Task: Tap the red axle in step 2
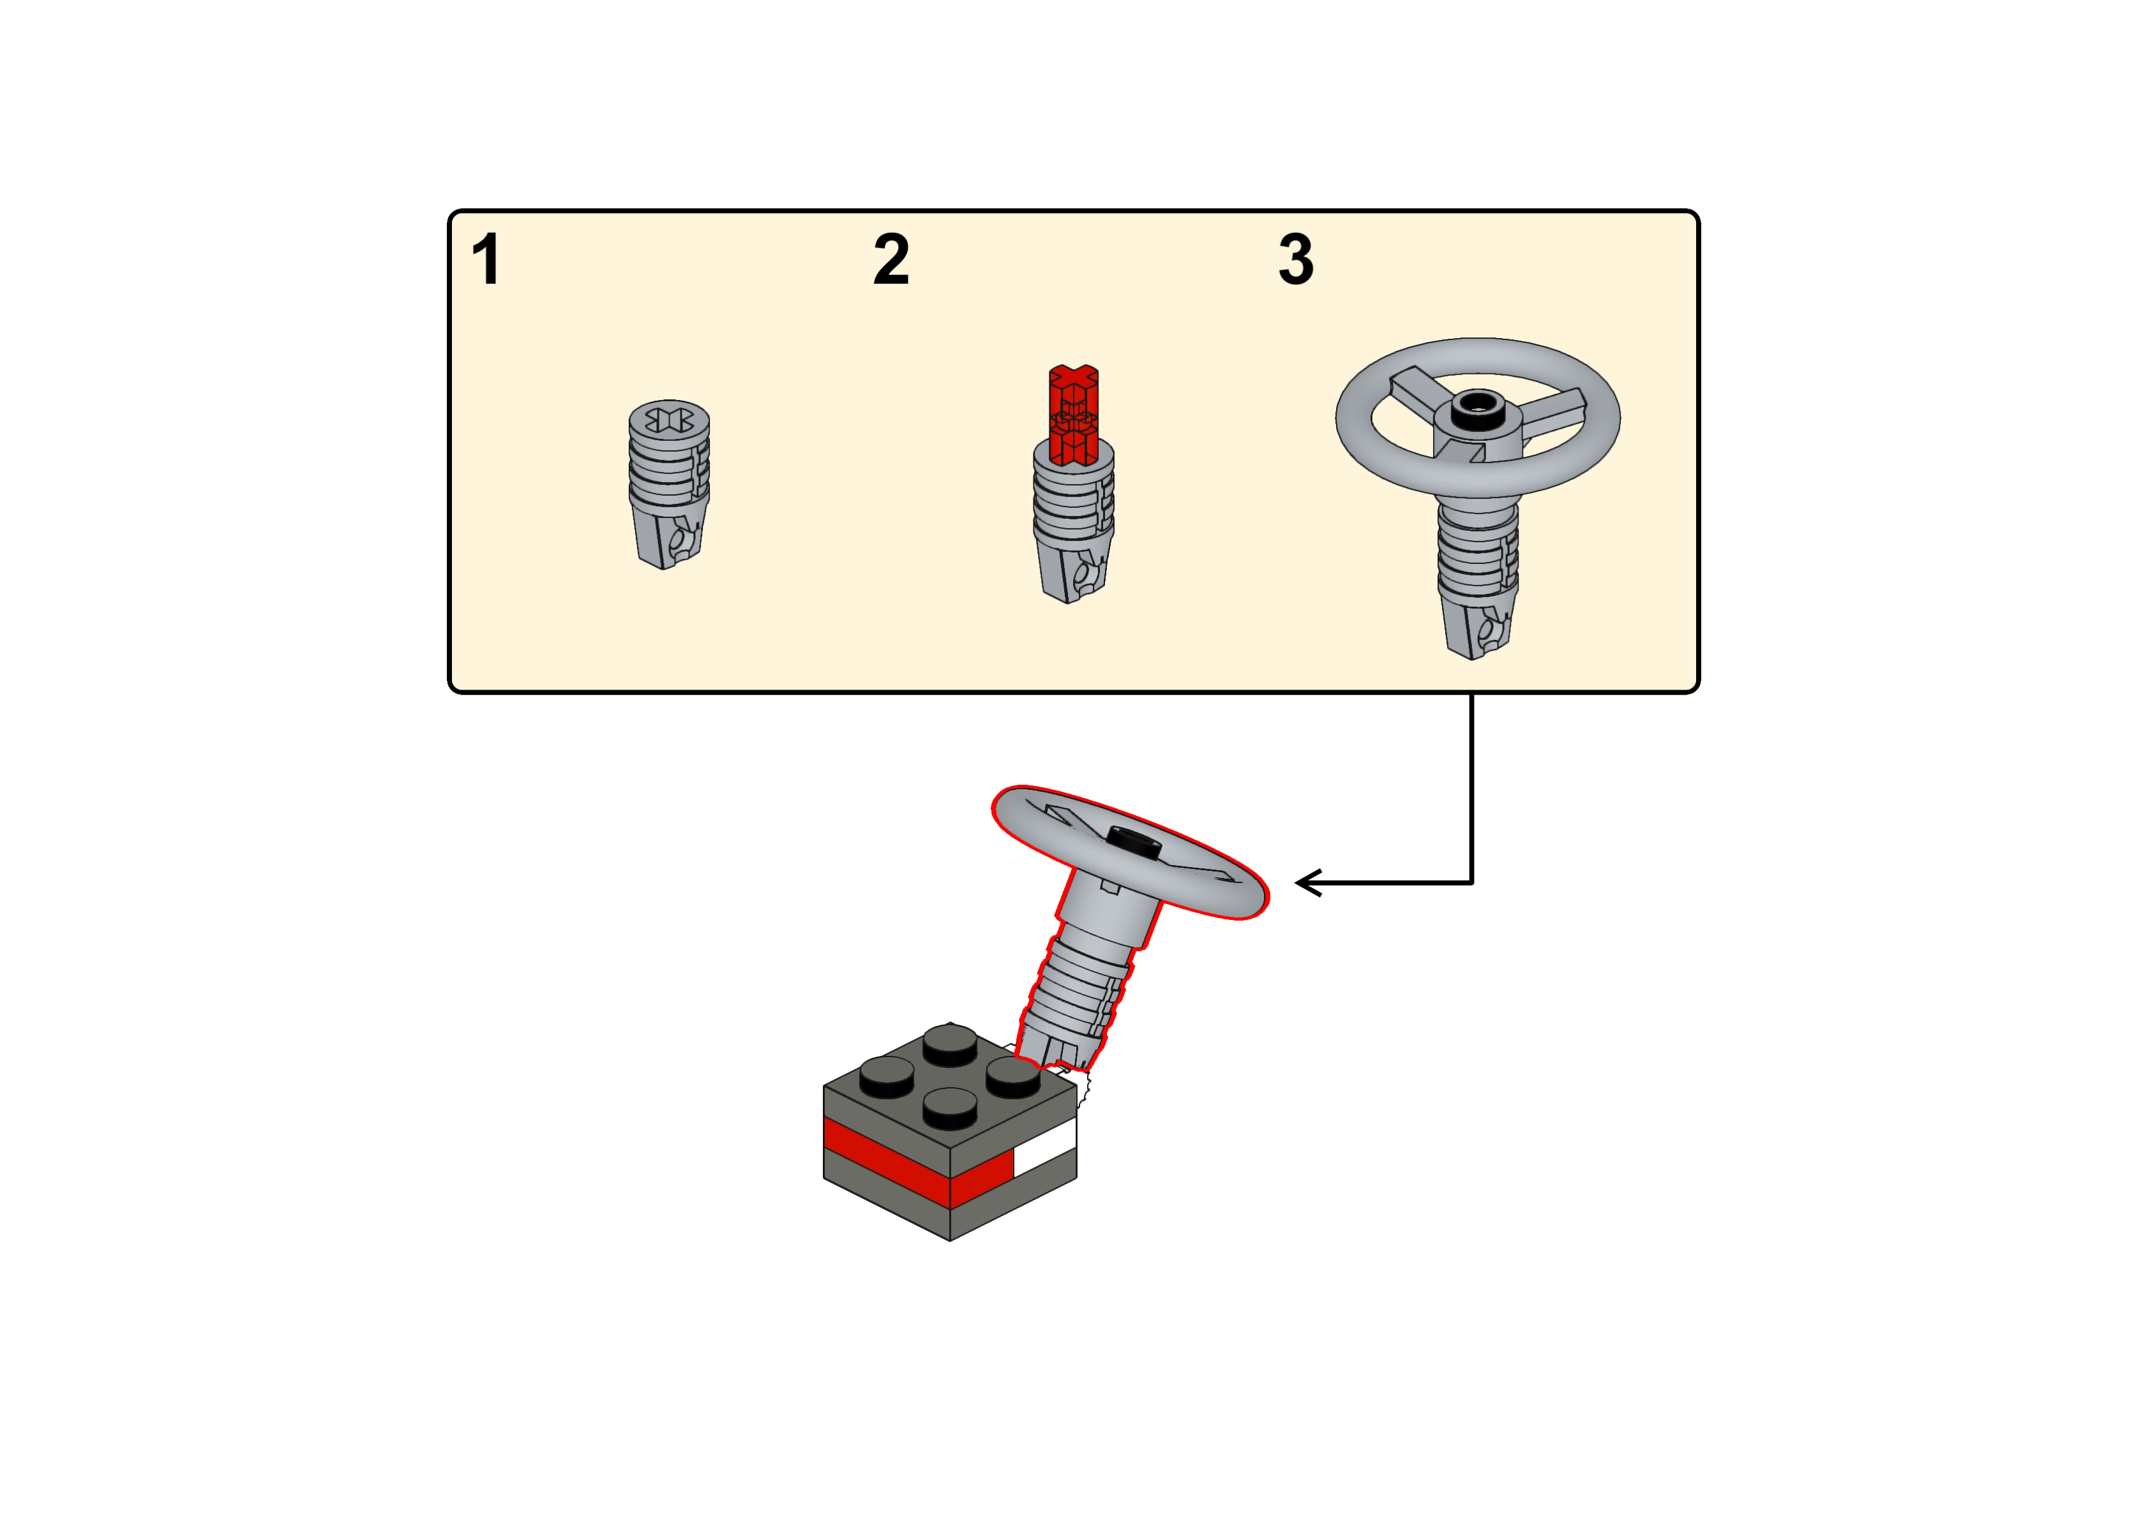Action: (x=1072, y=412)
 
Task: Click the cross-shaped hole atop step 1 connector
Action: (x=668, y=418)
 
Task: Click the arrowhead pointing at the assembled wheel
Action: (x=1306, y=882)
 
